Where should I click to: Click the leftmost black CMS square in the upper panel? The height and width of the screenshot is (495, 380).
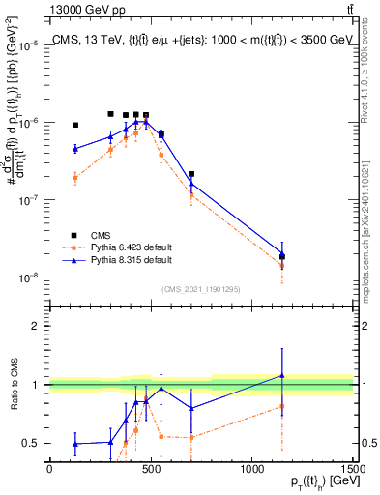click(x=75, y=125)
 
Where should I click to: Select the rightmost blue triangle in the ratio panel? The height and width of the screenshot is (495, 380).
click(x=282, y=375)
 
